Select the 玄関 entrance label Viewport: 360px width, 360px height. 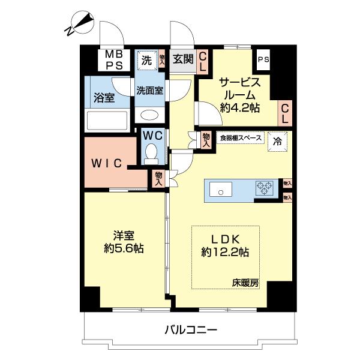coord(182,59)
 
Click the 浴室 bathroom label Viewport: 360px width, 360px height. coord(104,98)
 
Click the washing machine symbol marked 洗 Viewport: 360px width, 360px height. coord(146,59)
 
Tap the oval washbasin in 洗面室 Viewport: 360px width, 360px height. coord(149,115)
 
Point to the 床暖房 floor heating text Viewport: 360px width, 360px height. coord(246,283)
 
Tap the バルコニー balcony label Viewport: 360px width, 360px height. coord(189,329)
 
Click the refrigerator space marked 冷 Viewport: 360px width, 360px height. coord(277,142)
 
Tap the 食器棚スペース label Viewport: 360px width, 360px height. coord(241,138)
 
